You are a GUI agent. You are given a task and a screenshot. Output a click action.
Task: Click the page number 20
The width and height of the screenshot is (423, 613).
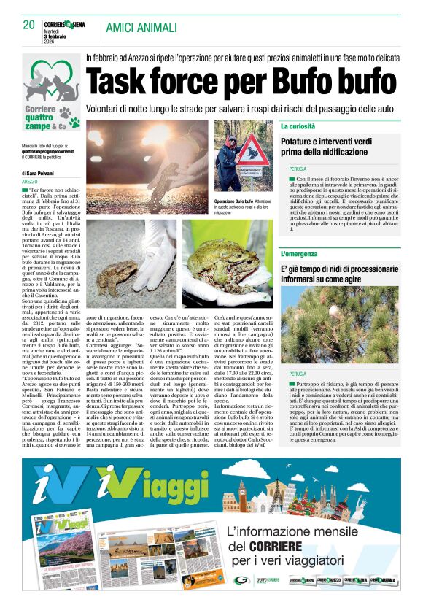[x=29, y=26]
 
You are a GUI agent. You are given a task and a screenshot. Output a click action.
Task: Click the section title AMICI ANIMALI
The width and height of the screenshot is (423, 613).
[x=141, y=28]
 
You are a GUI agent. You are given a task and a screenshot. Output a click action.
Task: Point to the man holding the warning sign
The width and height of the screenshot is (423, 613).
[x=227, y=156]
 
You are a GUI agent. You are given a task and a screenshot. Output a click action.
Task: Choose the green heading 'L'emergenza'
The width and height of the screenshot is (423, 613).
[x=301, y=254]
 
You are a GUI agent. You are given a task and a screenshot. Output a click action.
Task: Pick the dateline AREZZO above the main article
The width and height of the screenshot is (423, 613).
[x=30, y=181]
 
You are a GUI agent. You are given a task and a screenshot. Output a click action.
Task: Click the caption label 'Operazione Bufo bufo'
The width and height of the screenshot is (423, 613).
[x=233, y=201]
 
